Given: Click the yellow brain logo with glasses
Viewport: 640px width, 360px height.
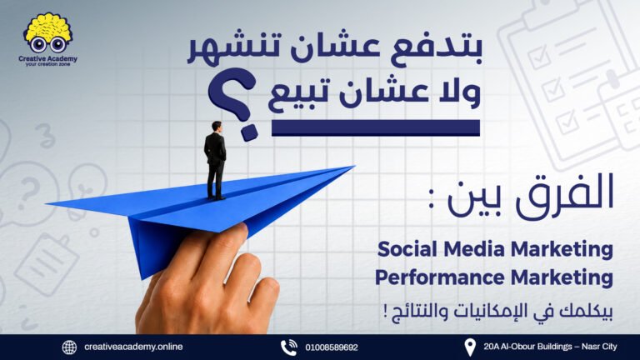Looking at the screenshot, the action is tap(47, 32).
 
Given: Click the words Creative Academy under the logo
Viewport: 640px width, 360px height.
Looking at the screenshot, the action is tap(47, 59).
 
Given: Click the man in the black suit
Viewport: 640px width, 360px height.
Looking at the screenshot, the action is tap(215, 160).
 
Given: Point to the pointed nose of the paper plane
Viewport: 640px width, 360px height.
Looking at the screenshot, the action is tap(353, 166).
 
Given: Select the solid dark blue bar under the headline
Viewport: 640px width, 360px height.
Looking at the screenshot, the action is tap(376, 127).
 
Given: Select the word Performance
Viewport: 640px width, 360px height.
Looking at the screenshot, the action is tap(440, 277).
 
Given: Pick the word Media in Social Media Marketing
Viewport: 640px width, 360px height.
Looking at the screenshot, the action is tap(474, 249).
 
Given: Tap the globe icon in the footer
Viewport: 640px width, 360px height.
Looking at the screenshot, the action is tap(69, 347).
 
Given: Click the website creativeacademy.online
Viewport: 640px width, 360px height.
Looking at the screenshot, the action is tap(133, 347).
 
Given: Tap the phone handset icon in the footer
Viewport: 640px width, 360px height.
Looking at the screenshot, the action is tap(289, 347).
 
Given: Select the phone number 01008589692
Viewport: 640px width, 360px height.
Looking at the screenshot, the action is tap(332, 347).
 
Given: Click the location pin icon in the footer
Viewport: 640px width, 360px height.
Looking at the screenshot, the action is tap(470, 347).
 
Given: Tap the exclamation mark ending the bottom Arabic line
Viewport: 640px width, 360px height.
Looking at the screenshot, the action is tap(385, 312).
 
